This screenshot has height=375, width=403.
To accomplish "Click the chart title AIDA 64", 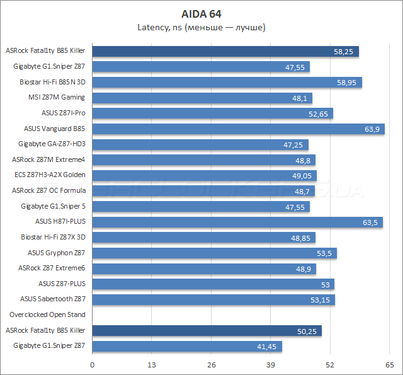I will point(201,13).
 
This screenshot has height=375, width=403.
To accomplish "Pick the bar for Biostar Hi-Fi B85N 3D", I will point(227,82).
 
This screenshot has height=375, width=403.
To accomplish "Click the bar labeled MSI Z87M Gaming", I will point(202,98).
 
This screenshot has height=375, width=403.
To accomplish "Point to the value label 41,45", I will point(267,347).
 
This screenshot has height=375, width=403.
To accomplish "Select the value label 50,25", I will point(307,331).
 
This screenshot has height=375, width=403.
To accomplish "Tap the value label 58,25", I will point(344,52).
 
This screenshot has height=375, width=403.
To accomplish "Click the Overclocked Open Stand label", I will point(47,314).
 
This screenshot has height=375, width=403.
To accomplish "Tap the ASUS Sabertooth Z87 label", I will point(52,299).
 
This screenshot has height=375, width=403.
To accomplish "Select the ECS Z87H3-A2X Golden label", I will point(49,175).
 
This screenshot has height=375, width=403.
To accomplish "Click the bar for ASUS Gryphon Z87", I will point(214,253).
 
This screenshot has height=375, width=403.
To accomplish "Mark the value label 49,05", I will point(302,175).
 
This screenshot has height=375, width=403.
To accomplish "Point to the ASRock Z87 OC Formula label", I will point(48,190).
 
